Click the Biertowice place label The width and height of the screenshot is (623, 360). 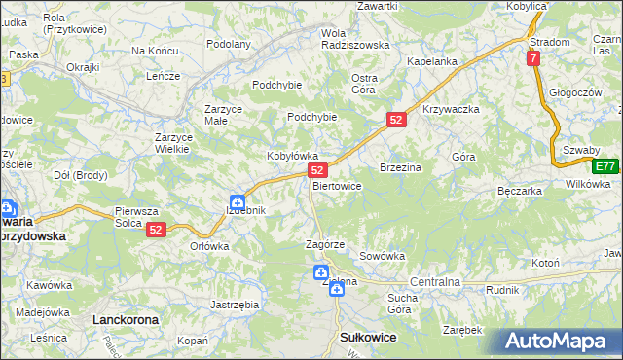pos(337,186)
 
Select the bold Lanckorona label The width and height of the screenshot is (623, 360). pos(124,319)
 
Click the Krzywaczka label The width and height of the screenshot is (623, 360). pos(452,109)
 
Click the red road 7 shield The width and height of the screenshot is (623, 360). pos(533,58)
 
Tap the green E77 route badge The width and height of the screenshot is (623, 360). pos(605,166)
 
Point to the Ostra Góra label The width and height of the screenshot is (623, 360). pos(363,84)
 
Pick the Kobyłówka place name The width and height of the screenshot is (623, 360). pos(293,156)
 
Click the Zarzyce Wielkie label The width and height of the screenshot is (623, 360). pos(177,143)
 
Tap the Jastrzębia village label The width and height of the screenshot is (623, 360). pos(235,305)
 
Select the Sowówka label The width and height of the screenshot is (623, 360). pos(382,256)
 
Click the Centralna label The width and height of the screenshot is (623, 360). pos(434,282)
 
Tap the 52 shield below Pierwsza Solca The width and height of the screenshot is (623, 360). pos(156,230)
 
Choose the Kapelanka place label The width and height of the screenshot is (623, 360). pos(432,61)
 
